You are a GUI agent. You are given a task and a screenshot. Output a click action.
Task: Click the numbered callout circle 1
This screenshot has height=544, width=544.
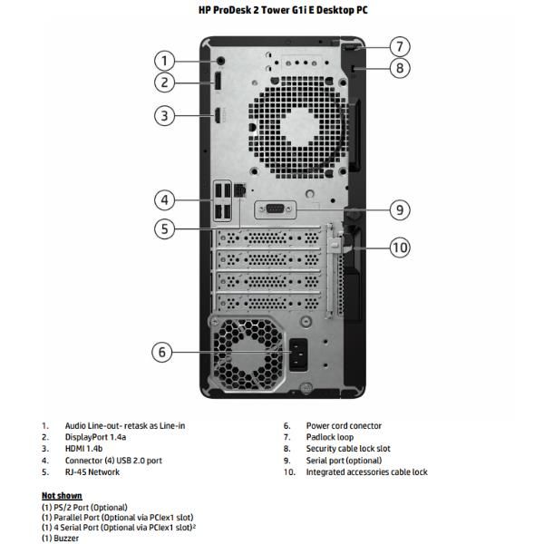point(164,61)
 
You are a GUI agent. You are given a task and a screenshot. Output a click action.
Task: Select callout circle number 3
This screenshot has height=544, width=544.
point(164,115)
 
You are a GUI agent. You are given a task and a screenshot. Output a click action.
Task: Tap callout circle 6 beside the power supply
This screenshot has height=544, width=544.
point(161,352)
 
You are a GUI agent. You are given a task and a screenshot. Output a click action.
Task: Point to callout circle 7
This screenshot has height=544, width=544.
point(400,46)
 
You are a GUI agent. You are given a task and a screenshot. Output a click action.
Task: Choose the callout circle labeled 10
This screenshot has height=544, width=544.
point(400,247)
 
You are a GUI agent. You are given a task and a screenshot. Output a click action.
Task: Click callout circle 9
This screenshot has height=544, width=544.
point(400,210)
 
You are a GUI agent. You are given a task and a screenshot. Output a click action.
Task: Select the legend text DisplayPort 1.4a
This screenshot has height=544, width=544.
point(98,437)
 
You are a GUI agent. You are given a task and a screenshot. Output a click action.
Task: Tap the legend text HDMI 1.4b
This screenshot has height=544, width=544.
point(84,449)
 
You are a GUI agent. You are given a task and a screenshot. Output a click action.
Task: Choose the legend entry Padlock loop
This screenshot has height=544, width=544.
point(331,437)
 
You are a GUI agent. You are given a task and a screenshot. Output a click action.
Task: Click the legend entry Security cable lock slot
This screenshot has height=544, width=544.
point(348,449)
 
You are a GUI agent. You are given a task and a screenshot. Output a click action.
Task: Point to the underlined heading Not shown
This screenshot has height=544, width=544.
point(62,496)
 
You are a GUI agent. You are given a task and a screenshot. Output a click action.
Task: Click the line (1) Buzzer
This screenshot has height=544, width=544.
point(61,539)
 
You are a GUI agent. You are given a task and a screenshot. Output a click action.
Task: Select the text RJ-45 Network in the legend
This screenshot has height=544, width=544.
point(92,472)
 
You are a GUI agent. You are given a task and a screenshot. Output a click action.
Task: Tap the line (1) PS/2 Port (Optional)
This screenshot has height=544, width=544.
point(84,507)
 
